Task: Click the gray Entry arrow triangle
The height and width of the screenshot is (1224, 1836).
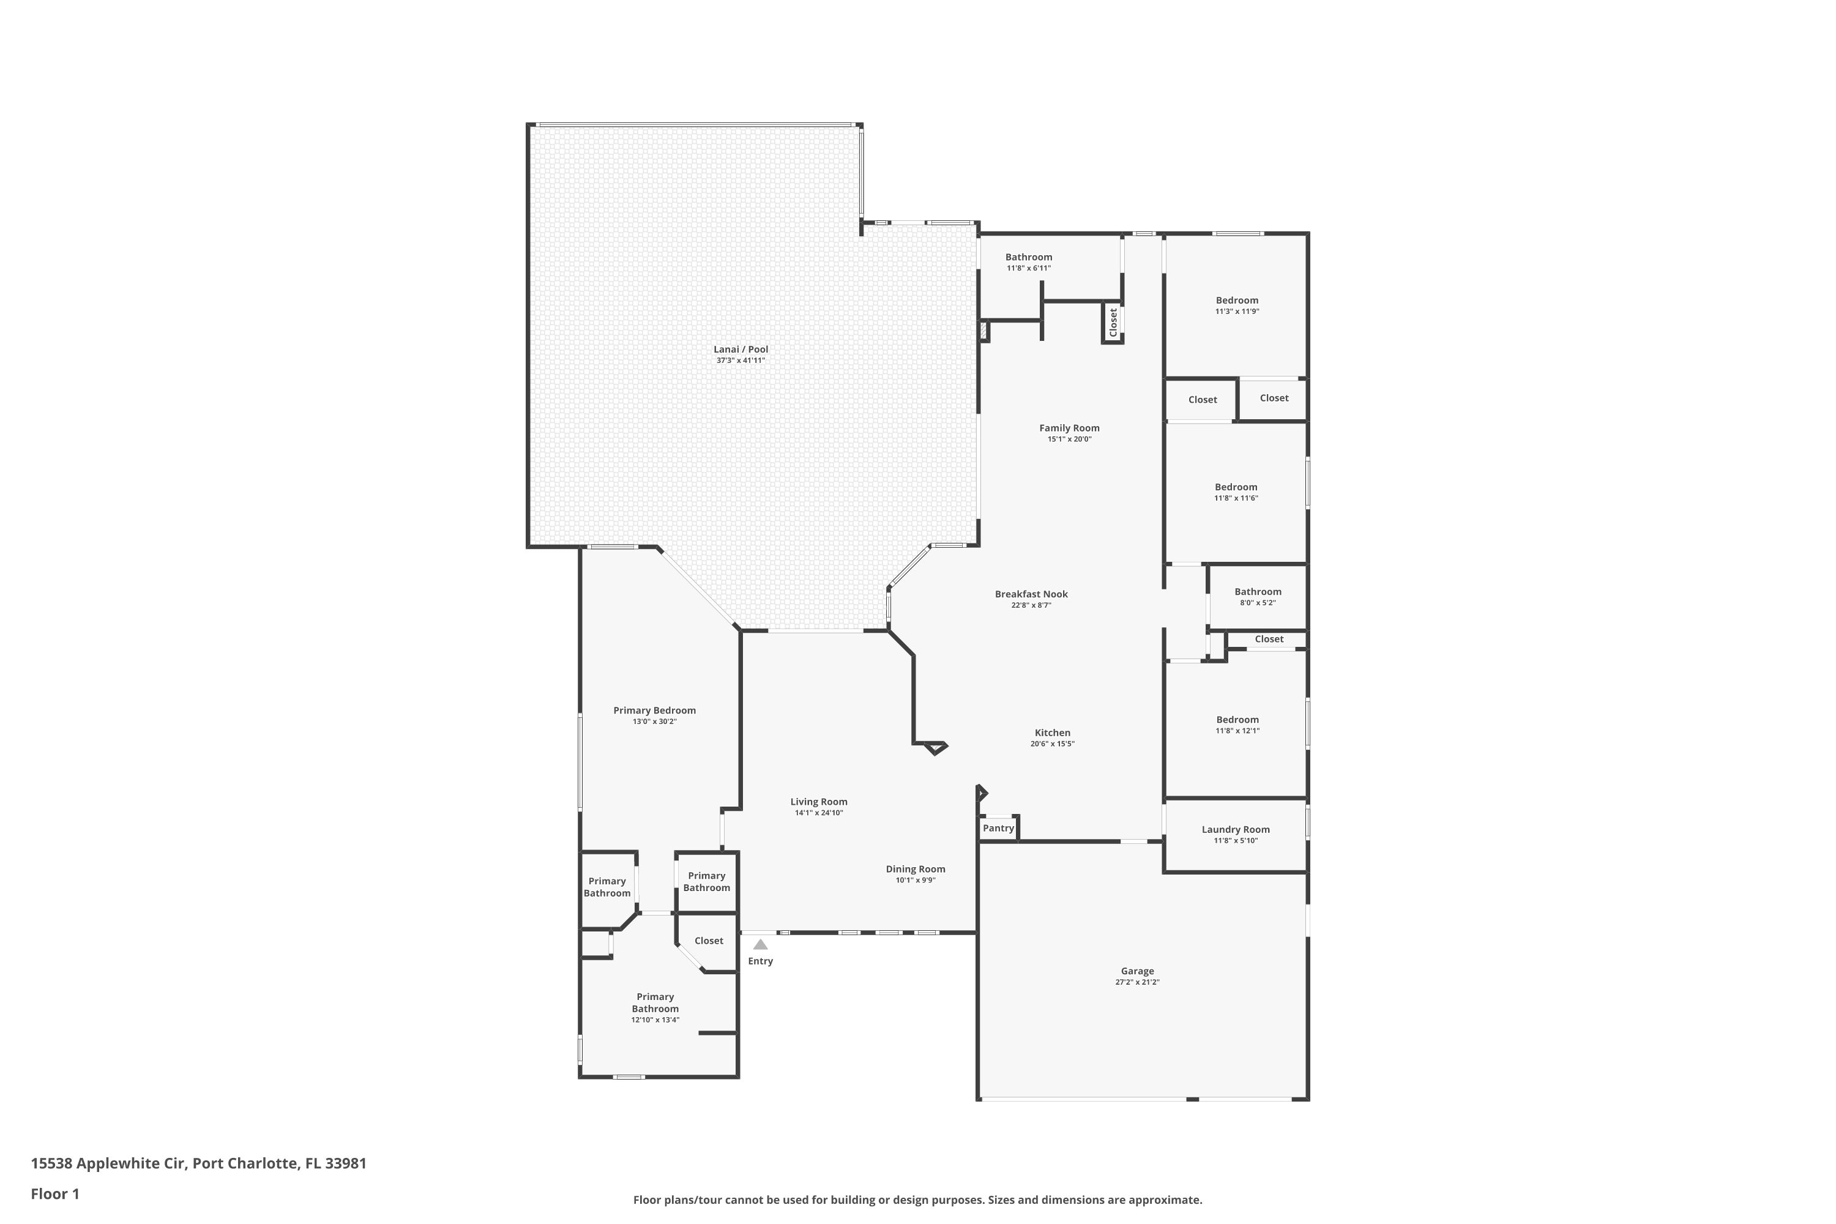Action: click(760, 944)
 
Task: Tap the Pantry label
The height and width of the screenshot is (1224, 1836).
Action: click(998, 828)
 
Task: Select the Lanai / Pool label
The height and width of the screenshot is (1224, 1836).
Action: click(741, 349)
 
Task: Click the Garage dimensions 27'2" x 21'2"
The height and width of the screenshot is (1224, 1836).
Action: click(1137, 982)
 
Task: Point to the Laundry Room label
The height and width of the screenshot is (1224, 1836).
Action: click(1235, 830)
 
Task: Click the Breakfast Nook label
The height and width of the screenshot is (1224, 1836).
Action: click(1031, 594)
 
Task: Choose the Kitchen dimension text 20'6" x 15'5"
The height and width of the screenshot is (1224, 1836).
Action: click(1052, 744)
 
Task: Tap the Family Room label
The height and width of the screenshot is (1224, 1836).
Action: click(1069, 428)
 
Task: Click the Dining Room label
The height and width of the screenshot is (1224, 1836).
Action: click(915, 869)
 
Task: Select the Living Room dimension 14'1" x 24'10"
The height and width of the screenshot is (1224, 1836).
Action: click(819, 813)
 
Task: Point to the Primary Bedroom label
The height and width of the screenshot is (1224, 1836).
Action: click(654, 711)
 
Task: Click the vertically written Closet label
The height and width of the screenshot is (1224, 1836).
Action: click(1113, 322)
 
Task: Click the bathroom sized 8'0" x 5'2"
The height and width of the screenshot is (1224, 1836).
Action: click(1258, 596)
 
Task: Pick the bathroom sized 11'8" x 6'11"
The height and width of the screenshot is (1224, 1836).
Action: click(1028, 261)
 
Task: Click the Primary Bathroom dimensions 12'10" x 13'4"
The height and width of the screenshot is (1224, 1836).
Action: click(655, 1020)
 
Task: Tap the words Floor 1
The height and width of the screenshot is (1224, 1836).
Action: click(54, 1193)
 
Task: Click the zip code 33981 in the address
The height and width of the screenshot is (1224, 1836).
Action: click(346, 1163)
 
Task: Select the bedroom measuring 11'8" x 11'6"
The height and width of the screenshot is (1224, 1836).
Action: click(1236, 492)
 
